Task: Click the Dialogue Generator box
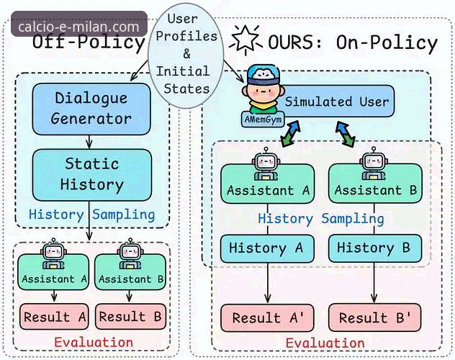click(91, 109)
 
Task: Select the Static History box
click(92, 175)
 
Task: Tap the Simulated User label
click(337, 102)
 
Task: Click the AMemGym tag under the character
click(263, 120)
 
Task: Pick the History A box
click(267, 248)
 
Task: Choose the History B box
click(374, 248)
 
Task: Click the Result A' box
click(267, 318)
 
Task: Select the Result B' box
click(374, 318)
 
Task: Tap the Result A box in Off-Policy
click(54, 317)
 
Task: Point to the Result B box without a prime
click(130, 317)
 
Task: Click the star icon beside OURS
click(245, 40)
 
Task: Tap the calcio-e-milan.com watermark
click(79, 27)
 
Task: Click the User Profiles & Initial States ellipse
click(186, 56)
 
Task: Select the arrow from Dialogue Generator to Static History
click(89, 142)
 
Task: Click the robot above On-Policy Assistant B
click(374, 163)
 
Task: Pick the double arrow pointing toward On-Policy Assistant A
click(290, 133)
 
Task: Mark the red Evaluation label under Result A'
click(325, 343)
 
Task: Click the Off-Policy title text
click(89, 42)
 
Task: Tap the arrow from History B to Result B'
click(374, 283)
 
